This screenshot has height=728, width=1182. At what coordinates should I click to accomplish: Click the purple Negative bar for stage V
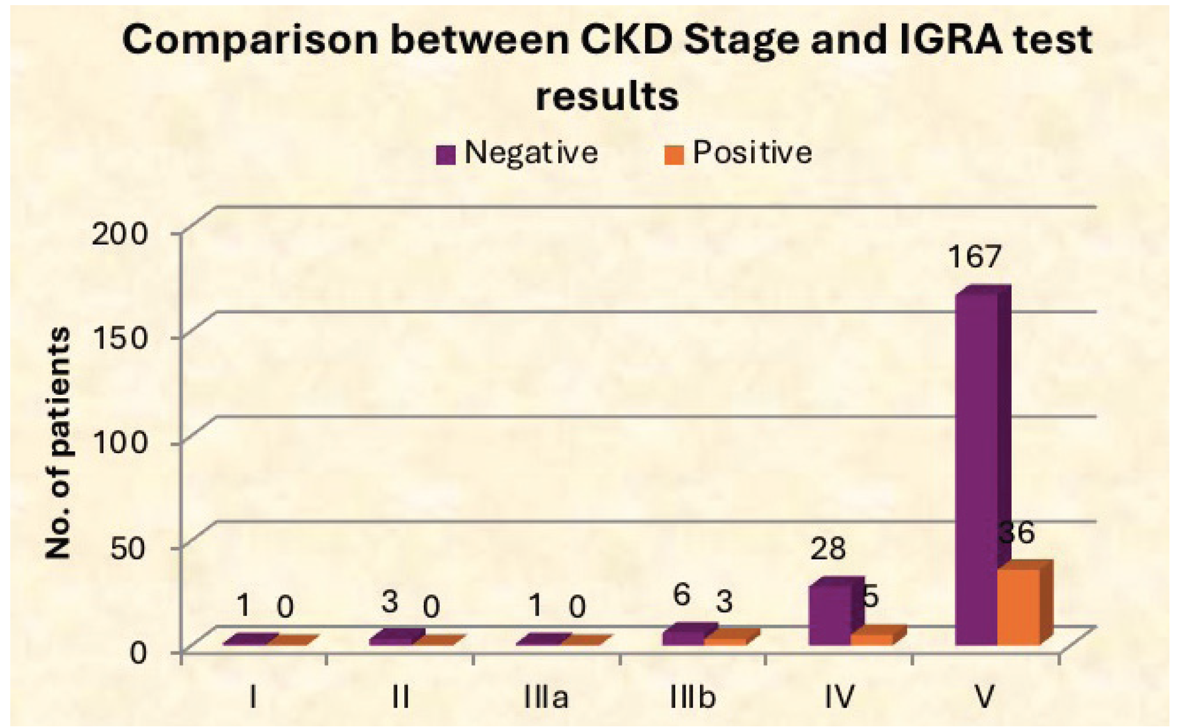click(x=977, y=469)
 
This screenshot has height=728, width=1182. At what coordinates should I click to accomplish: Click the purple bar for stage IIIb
click(x=683, y=638)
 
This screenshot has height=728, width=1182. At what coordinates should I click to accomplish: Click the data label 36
click(x=1016, y=533)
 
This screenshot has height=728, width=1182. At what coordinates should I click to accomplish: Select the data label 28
click(x=827, y=548)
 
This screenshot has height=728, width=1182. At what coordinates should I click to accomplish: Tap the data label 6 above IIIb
click(x=681, y=595)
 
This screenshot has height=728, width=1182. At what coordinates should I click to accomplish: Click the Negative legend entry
click(x=518, y=153)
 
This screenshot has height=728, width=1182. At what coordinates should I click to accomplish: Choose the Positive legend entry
click(x=738, y=153)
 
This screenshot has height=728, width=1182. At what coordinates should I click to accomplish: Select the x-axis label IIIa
click(x=546, y=698)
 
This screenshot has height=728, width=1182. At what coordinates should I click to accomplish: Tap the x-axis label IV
click(x=839, y=698)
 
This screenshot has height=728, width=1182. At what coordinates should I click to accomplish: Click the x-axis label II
click(x=400, y=698)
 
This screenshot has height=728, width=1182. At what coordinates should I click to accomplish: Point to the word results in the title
click(x=607, y=95)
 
